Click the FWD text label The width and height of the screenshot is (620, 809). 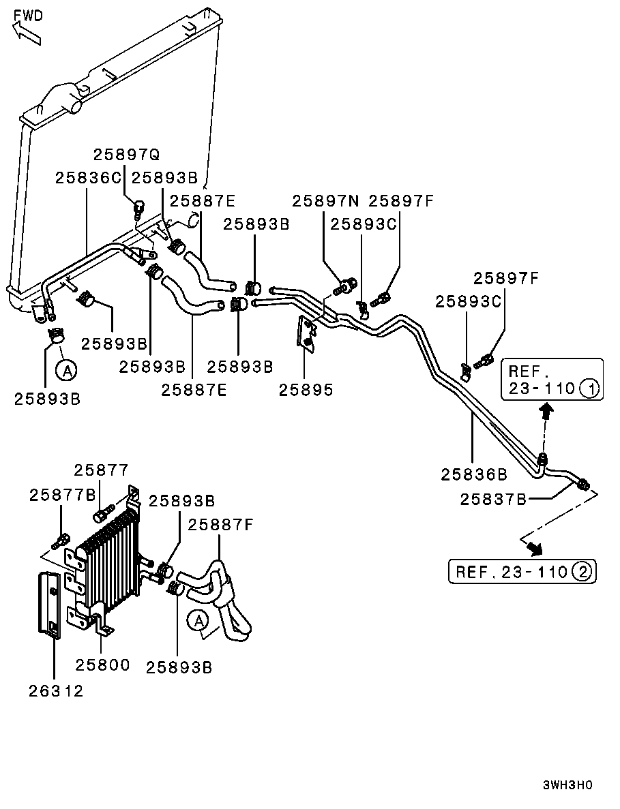click(x=28, y=15)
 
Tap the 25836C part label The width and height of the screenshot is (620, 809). click(x=88, y=178)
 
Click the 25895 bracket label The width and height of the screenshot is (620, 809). click(x=306, y=390)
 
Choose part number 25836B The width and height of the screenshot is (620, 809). click(x=474, y=473)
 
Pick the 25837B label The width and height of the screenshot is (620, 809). click(x=493, y=500)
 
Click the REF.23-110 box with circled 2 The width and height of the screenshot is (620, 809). click(x=522, y=571)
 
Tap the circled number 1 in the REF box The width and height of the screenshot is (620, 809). click(x=589, y=389)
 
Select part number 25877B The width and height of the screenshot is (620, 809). click(x=63, y=495)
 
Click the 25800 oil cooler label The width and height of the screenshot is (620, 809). click(x=102, y=665)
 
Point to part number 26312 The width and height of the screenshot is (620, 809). click(x=56, y=690)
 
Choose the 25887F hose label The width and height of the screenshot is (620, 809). click(x=221, y=524)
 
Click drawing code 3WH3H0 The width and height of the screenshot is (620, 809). click(x=567, y=784)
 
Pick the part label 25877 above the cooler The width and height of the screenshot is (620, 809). click(x=101, y=470)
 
